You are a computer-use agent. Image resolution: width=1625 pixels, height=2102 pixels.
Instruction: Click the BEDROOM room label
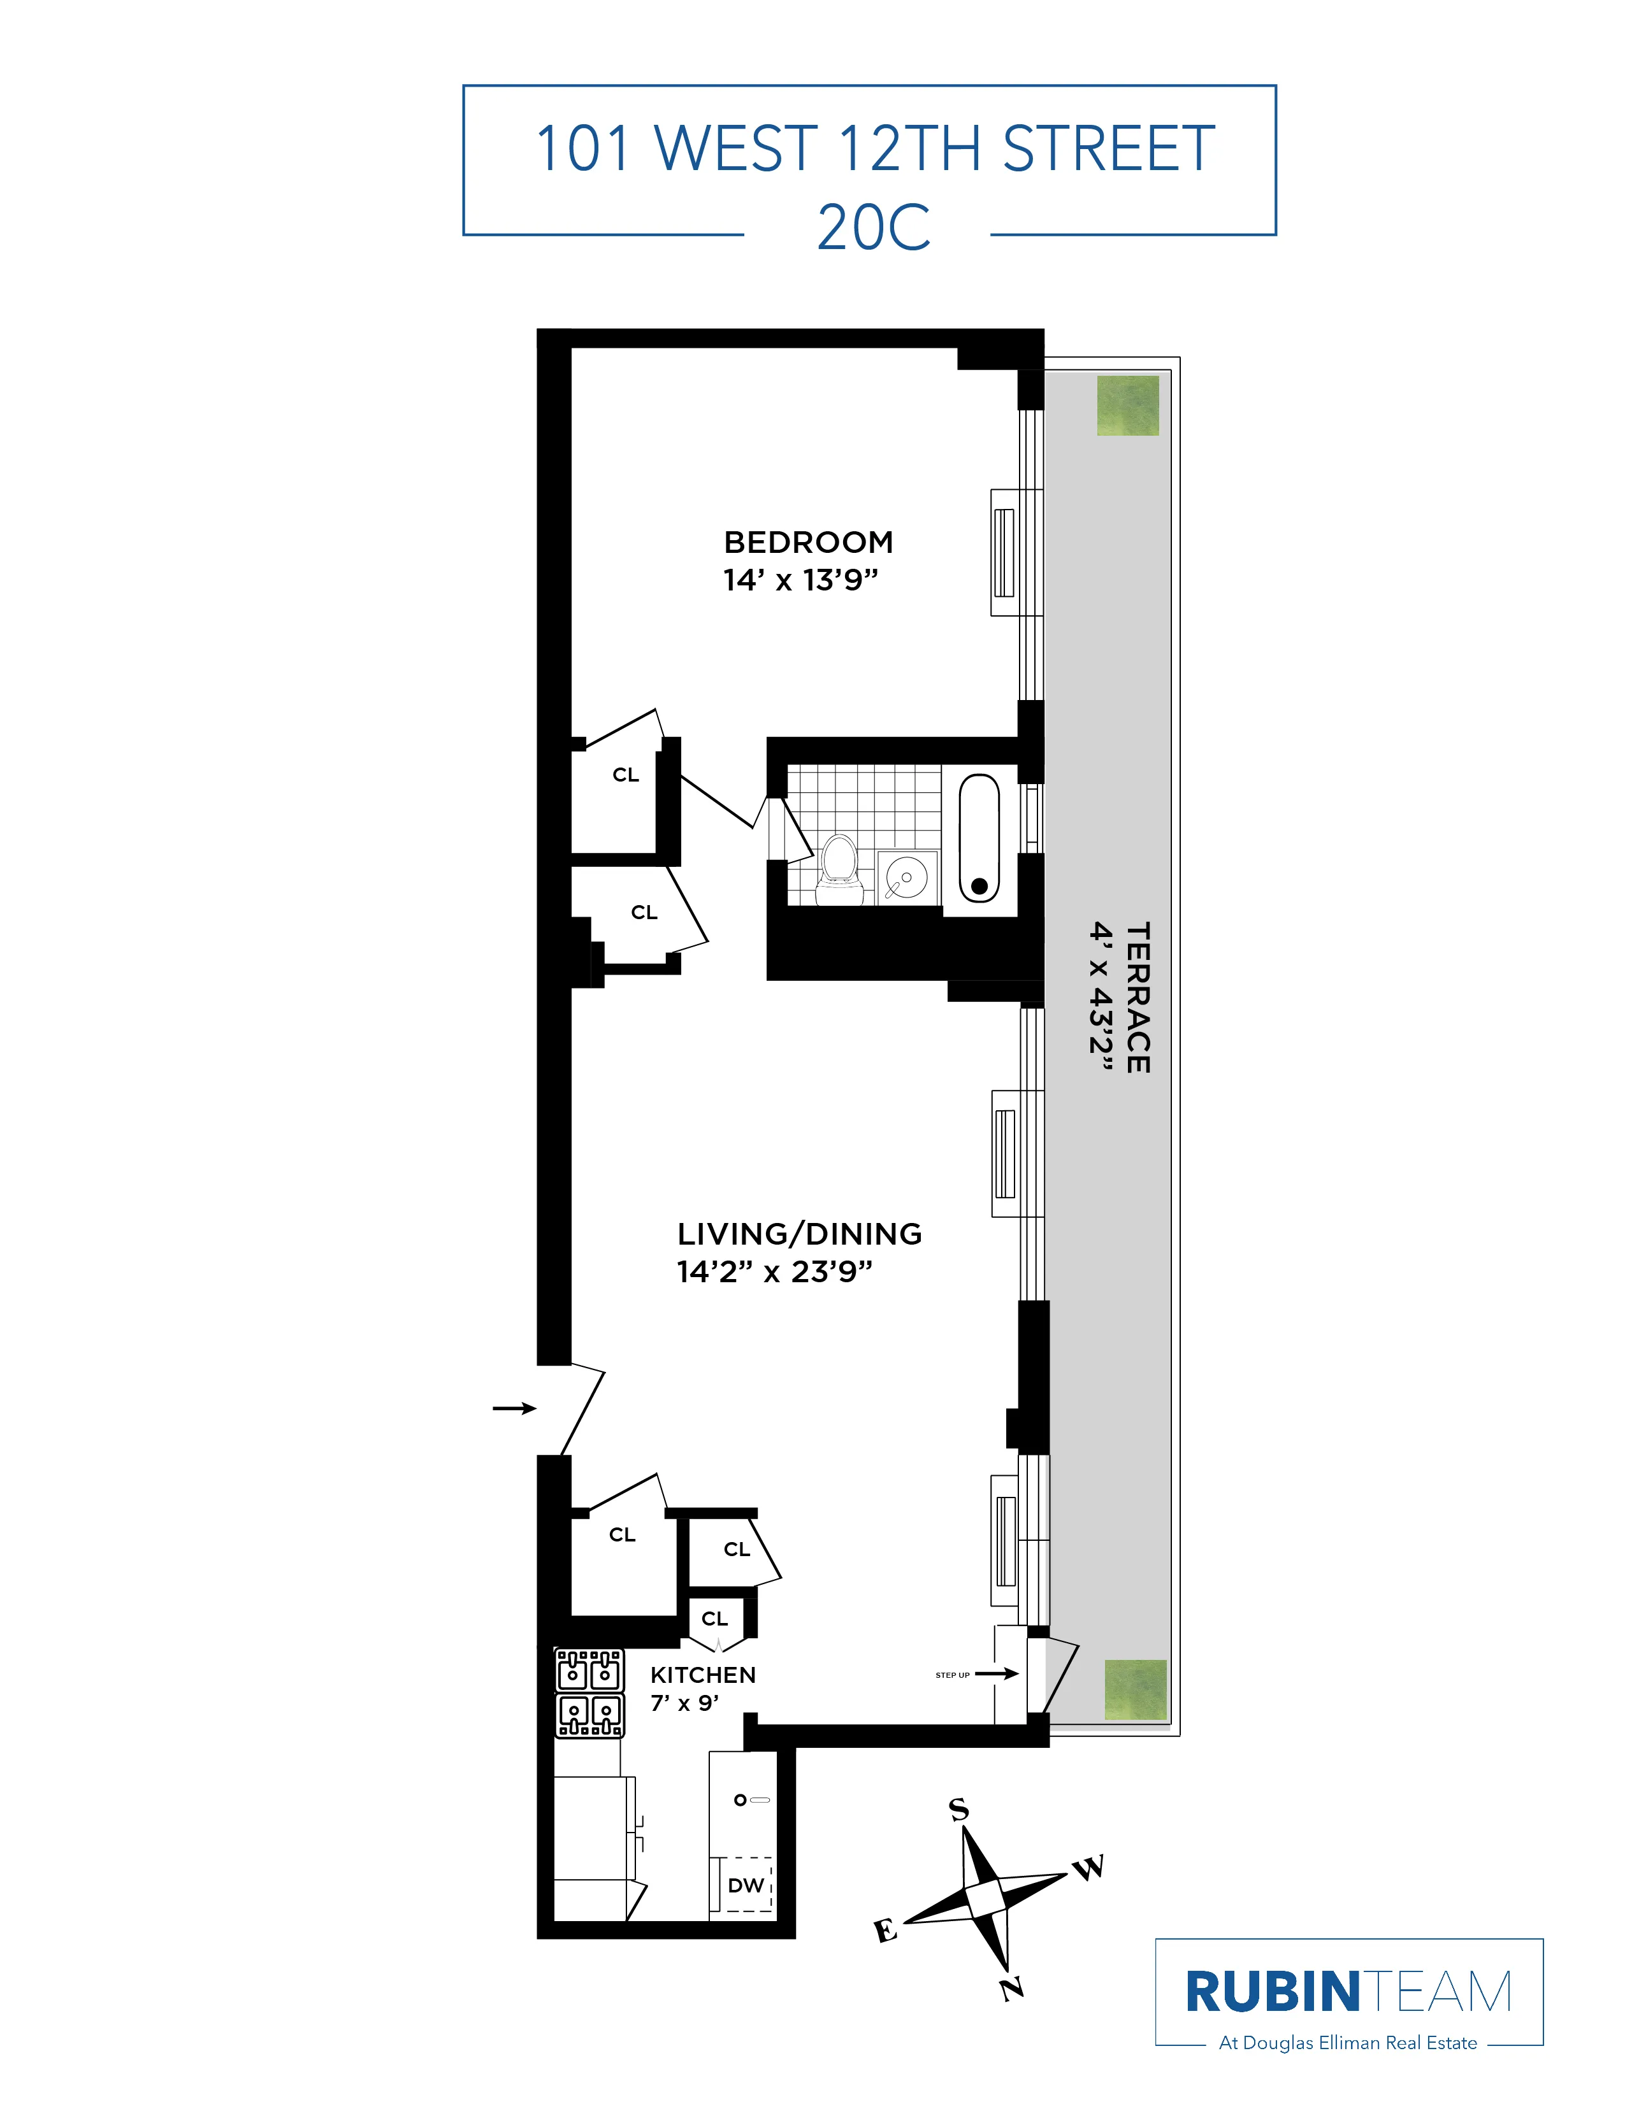tap(807, 542)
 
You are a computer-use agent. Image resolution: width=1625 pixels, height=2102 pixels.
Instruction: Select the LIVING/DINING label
tap(799, 1234)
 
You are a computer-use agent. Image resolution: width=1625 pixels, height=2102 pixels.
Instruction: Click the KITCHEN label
tap(703, 1675)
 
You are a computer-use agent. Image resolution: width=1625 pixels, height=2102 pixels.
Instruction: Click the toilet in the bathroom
tap(839, 870)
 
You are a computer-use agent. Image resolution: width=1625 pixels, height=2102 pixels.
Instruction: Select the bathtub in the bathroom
tap(979, 838)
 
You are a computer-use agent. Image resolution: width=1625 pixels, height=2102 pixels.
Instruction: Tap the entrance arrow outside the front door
tap(514, 1408)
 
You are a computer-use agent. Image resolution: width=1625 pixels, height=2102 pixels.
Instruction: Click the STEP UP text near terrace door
tap(952, 1675)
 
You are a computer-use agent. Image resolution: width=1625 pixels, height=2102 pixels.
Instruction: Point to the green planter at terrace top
tap(1127, 405)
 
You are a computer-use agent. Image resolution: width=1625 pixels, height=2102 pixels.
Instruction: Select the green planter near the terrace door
tap(1135, 1690)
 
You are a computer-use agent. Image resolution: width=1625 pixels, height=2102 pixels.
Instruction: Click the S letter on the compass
tap(959, 1810)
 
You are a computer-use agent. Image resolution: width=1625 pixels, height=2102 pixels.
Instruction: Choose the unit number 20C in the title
tap(873, 228)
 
